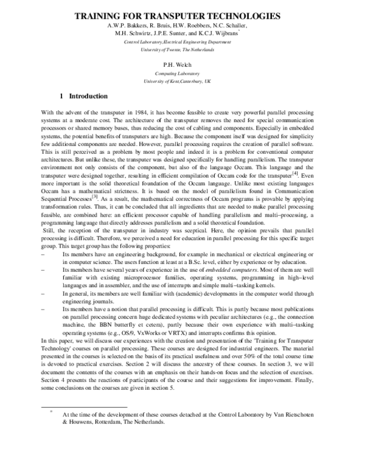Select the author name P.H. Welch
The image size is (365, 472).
pyautogui.click(x=183, y=63)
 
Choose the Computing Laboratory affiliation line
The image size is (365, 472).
pyautogui.click(x=182, y=72)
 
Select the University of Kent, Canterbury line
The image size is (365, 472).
pyautogui.click(x=182, y=80)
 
